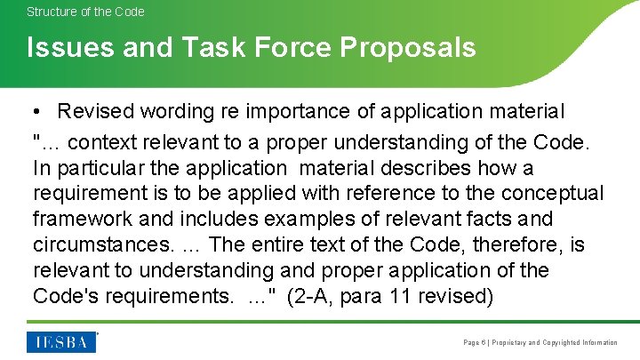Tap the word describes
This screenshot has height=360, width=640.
427,168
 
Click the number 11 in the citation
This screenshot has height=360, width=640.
402,296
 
